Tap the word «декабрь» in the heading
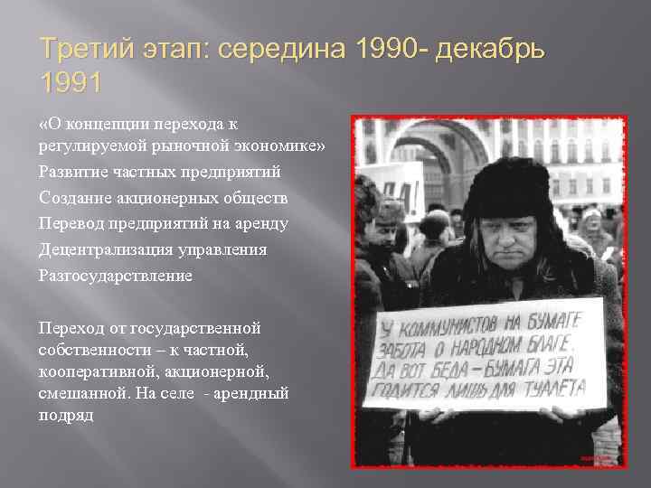click(487, 50)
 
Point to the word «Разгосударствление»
click(115, 276)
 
